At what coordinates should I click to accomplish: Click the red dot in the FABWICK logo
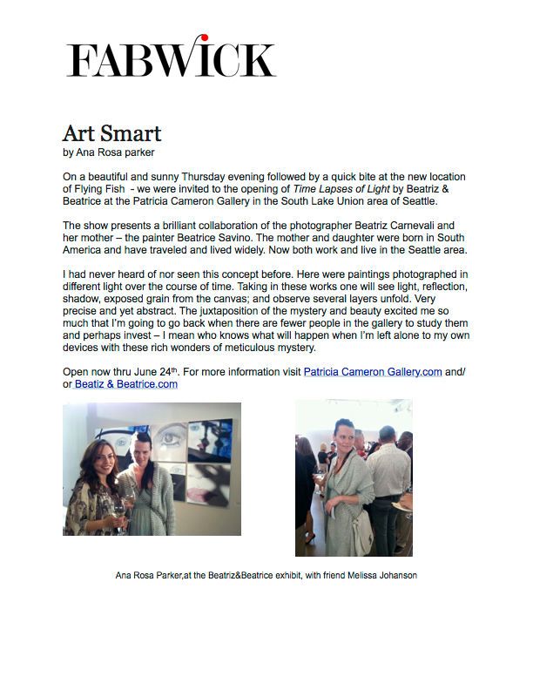(x=204, y=38)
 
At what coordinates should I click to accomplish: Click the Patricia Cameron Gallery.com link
(x=361, y=372)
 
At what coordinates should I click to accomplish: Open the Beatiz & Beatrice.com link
(x=126, y=384)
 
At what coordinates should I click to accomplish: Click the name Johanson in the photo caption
(x=396, y=575)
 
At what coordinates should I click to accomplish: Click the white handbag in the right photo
(x=363, y=541)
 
